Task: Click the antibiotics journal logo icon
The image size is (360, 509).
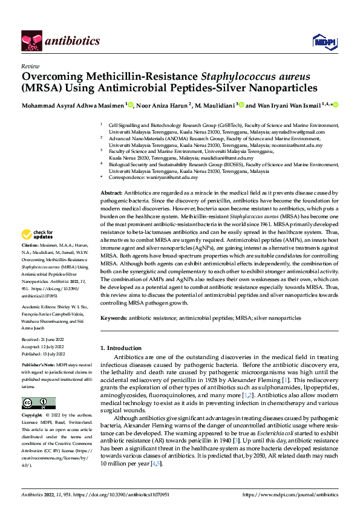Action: click(x=31, y=41)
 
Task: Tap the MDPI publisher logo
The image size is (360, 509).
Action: click(x=321, y=41)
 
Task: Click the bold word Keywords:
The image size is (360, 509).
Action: click(x=114, y=317)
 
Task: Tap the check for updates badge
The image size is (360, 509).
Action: click(x=37, y=234)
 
